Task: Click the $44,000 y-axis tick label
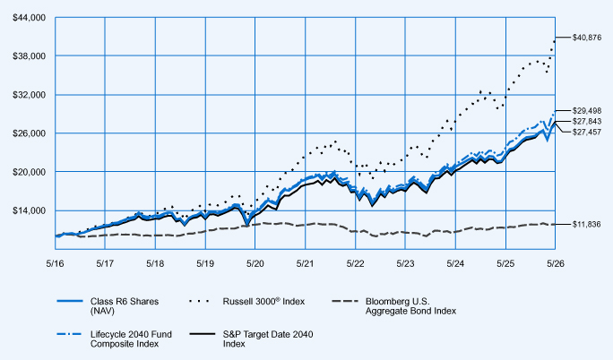[30, 18]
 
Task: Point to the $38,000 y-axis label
[30, 56]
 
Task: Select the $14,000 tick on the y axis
[30, 210]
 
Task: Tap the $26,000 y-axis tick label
[30, 133]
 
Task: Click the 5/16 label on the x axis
[56, 264]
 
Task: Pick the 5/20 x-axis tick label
[255, 264]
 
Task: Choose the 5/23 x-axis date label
[405, 264]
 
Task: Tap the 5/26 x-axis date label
[556, 264]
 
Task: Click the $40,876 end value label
[587, 38]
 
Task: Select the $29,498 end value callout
[587, 111]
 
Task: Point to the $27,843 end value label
[587, 122]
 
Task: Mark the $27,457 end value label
[587, 132]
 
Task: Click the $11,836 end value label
[586, 225]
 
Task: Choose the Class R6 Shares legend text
[125, 306]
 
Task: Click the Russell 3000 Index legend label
[263, 302]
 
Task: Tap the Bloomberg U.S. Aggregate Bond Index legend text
[410, 306]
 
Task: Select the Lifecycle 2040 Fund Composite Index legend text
[132, 339]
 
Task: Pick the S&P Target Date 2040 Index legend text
[268, 339]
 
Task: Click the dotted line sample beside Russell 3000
[199, 302]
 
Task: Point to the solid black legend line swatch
[203, 334]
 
